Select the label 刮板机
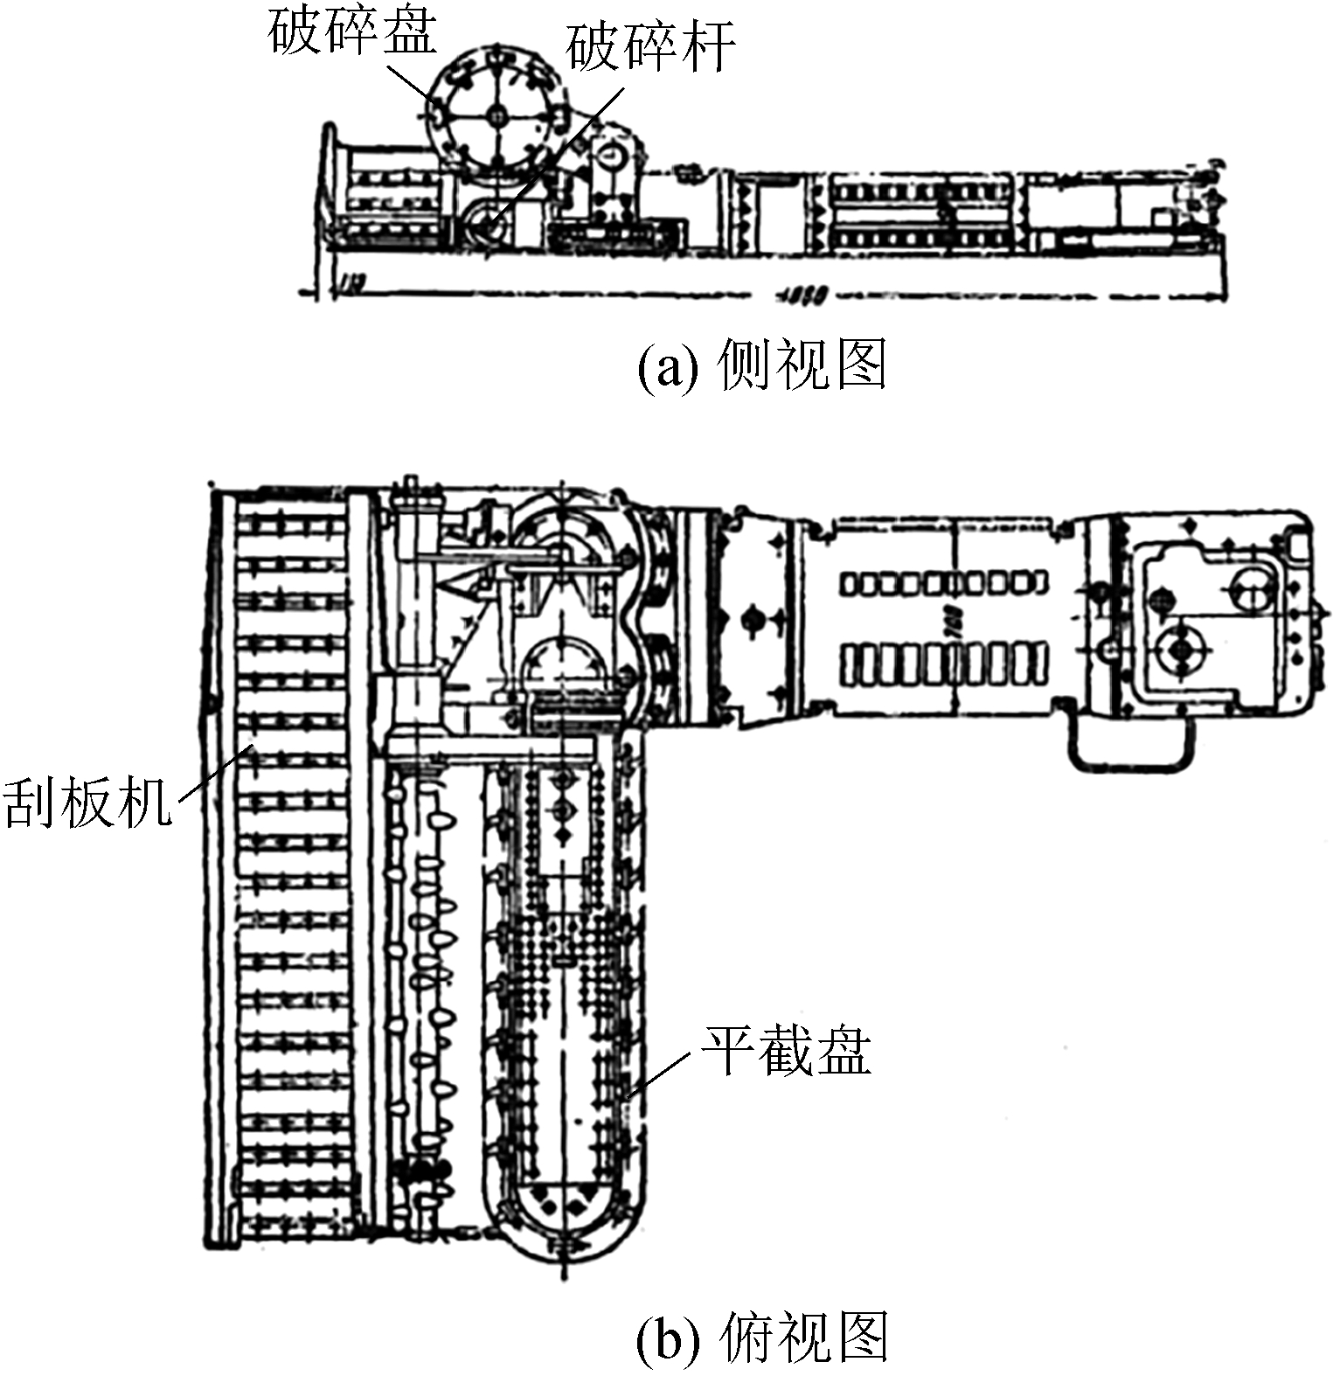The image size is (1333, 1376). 87,801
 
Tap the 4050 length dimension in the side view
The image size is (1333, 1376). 802,296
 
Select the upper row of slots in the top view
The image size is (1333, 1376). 943,583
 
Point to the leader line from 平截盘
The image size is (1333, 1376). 664,1071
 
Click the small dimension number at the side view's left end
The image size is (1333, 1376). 354,283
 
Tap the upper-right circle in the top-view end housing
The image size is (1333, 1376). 1255,590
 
